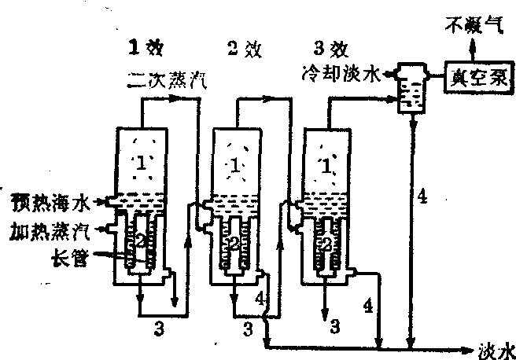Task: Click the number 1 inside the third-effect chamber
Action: tap(326, 164)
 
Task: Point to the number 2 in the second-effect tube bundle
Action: tap(233, 244)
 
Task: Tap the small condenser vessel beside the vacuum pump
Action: tap(409, 90)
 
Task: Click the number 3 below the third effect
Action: tap(334, 322)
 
